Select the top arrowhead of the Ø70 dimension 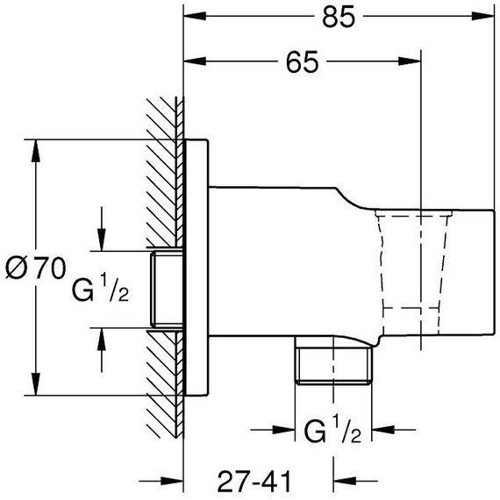pos(35,150)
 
